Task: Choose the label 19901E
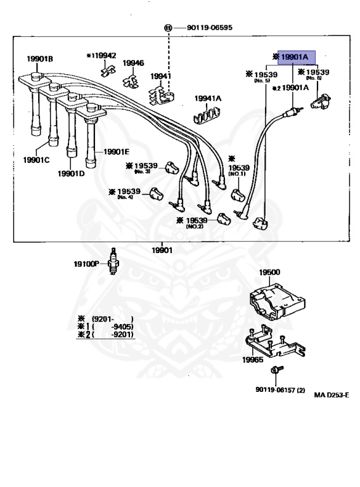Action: click(116, 152)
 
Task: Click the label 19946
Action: click(133, 63)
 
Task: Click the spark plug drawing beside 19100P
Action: click(113, 261)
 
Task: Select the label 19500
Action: click(269, 271)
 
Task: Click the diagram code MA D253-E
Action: click(331, 394)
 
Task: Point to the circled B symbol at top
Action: click(169, 28)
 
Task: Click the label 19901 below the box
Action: click(162, 249)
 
